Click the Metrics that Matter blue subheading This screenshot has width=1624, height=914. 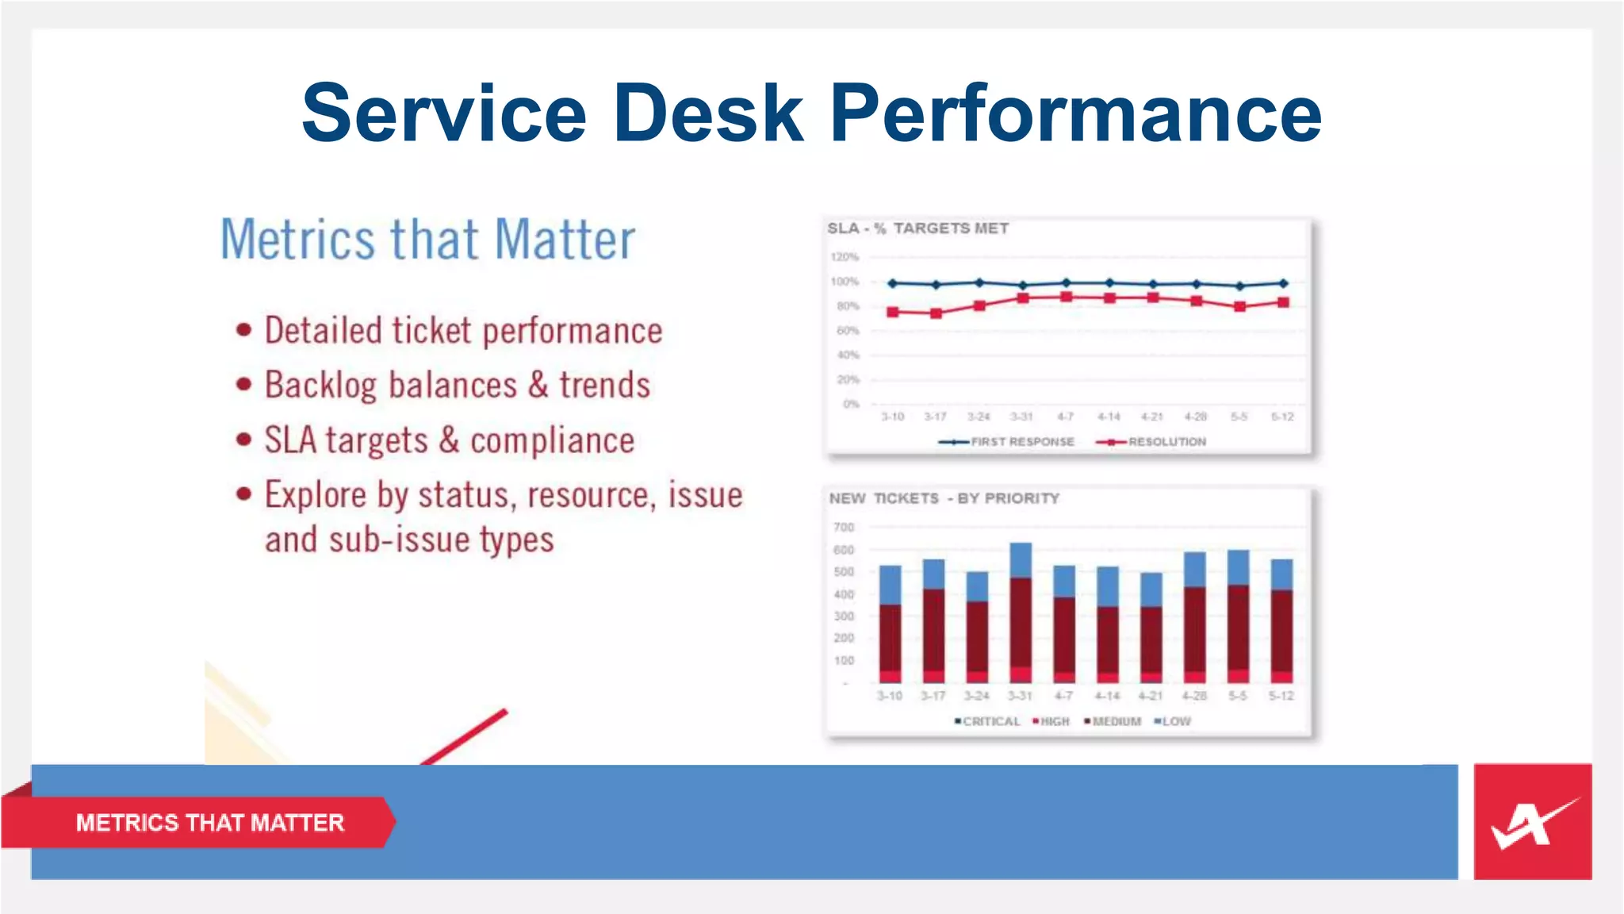(427, 239)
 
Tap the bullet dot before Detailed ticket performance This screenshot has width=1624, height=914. (244, 330)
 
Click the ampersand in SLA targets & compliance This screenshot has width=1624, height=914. (449, 440)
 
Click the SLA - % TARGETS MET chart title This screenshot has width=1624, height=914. (917, 228)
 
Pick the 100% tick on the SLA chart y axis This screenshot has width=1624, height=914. (845, 282)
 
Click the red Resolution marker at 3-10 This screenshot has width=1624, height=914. (893, 312)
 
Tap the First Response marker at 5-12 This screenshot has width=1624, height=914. (1283, 283)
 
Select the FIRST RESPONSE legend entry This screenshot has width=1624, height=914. (1021, 442)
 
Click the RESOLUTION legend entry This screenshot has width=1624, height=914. (1166, 442)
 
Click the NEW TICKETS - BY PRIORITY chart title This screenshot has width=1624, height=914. (944, 498)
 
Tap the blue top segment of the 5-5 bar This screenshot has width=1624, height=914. (1238, 567)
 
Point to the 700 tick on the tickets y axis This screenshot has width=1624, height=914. (844, 528)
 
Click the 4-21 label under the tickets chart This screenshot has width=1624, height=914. (1150, 696)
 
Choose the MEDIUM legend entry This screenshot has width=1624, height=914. (1116, 721)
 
